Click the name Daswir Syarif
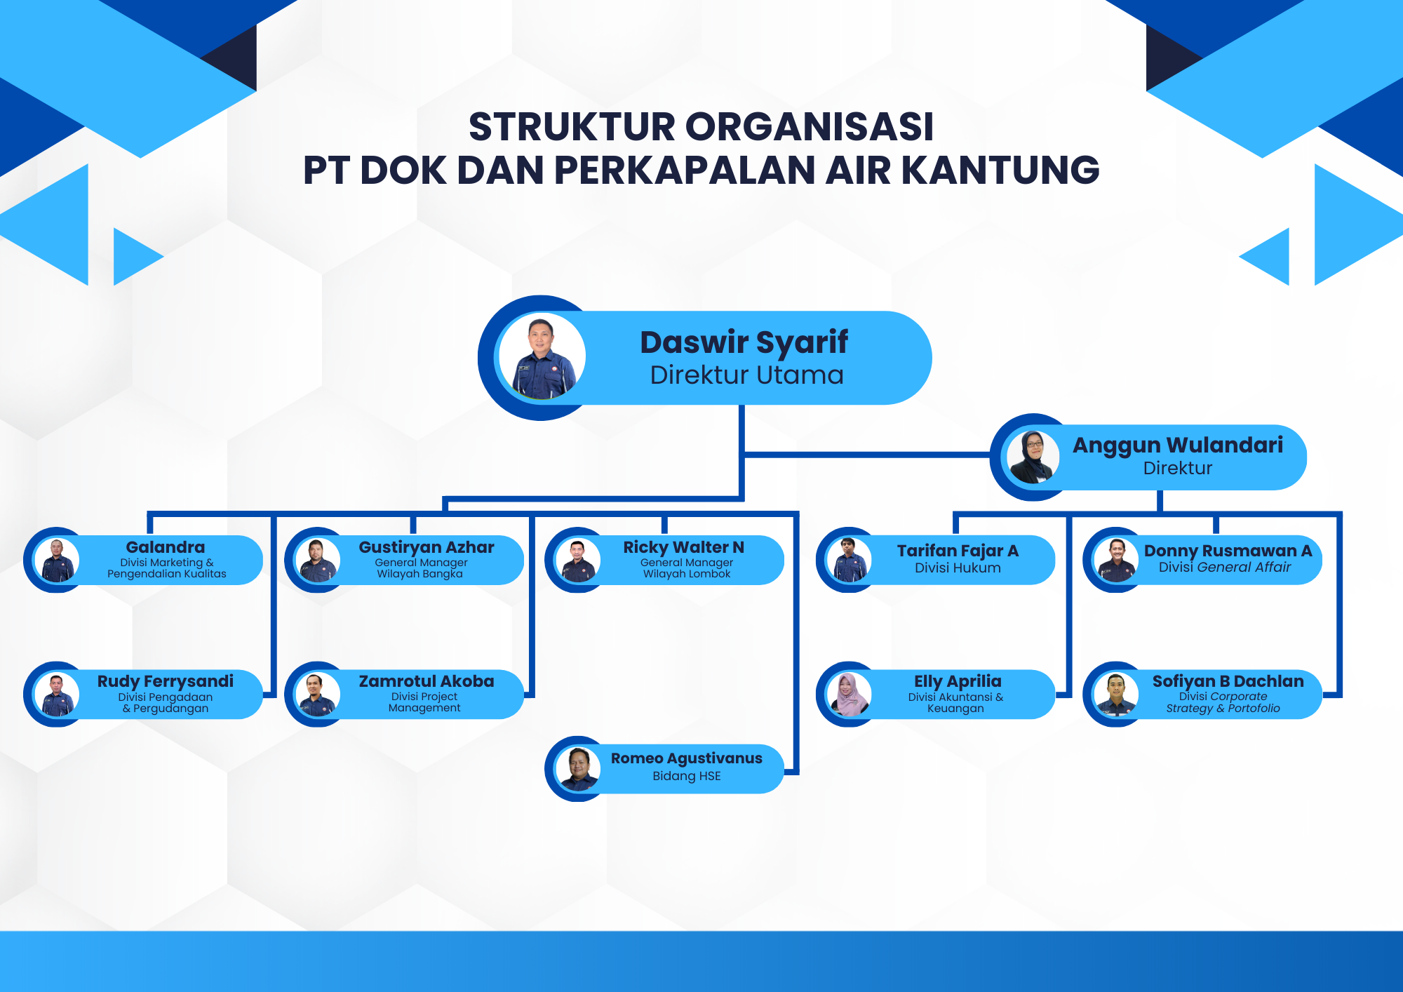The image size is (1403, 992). point(744,342)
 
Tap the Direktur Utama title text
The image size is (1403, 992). point(746,375)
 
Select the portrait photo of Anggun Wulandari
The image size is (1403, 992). point(1033,457)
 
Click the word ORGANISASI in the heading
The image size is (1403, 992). point(810,126)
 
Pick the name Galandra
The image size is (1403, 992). point(166,547)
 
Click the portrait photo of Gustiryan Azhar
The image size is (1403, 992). point(318,560)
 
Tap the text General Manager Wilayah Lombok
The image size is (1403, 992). point(687,568)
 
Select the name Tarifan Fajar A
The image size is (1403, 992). point(958,551)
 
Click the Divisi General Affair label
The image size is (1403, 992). point(1225,567)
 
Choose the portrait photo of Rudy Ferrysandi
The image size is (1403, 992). point(57,694)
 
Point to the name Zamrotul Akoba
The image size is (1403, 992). point(427,681)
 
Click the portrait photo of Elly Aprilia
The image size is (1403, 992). point(849,694)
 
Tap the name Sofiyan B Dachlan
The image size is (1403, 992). point(1228,681)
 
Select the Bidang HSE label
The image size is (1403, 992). point(687,776)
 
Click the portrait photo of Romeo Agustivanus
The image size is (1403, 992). point(578,769)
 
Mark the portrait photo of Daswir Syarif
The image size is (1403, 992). point(542,357)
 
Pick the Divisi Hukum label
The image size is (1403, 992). point(958,568)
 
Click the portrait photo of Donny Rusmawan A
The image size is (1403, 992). point(1116,560)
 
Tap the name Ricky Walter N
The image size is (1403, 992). point(684,547)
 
